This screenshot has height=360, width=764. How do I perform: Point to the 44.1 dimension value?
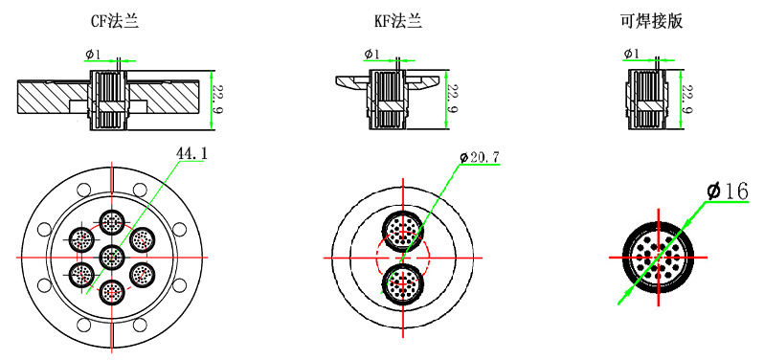pyautogui.click(x=191, y=153)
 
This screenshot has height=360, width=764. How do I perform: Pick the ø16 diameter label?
pyautogui.click(x=727, y=192)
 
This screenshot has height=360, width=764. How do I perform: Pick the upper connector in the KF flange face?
pyautogui.click(x=401, y=230)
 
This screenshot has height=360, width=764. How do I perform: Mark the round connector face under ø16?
pyautogui.click(x=659, y=258)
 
